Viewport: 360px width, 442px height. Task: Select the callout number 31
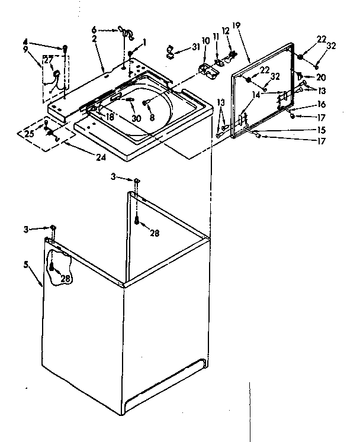(196, 48)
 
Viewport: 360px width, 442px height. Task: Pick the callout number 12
(226, 30)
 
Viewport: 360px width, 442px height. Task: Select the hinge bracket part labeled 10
(208, 70)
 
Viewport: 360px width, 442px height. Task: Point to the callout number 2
(94, 38)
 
